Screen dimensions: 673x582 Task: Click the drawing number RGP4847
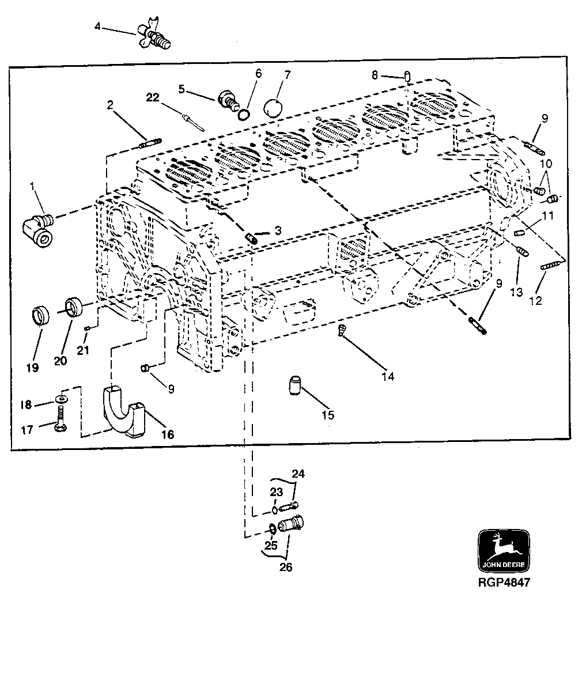point(503,582)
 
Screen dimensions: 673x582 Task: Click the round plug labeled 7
point(273,107)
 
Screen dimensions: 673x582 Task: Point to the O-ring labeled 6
point(244,115)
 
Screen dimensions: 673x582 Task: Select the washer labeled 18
point(62,399)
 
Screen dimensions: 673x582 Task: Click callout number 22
point(152,98)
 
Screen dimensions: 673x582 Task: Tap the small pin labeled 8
point(407,75)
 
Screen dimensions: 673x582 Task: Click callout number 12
point(536,300)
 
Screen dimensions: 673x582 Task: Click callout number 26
point(286,567)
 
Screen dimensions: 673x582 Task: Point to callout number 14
point(388,376)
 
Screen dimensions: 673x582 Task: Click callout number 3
point(278,230)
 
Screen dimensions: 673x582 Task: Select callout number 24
point(297,474)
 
